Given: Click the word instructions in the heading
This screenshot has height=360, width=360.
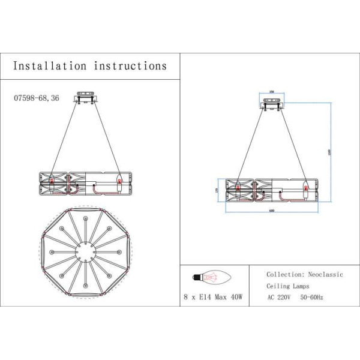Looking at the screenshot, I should [x=129, y=65].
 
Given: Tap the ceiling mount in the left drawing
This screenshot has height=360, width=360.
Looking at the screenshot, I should [x=86, y=98].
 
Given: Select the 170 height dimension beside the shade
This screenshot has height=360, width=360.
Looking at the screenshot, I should [x=218, y=190].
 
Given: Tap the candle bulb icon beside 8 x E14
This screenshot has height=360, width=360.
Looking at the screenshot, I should [x=205, y=277].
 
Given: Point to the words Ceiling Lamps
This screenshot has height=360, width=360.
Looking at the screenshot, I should [x=289, y=286].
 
